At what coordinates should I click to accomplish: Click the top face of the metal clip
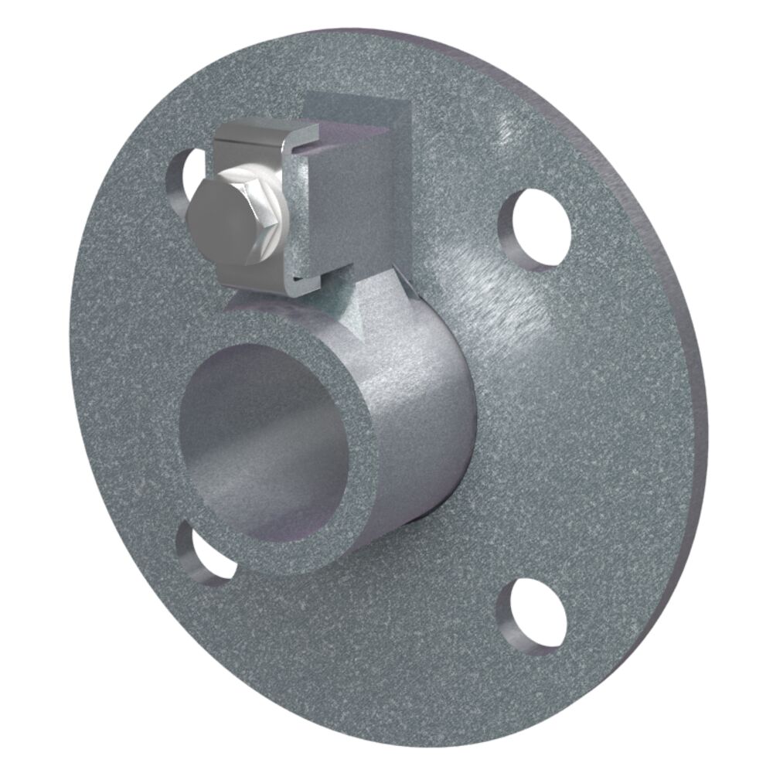click(x=263, y=133)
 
